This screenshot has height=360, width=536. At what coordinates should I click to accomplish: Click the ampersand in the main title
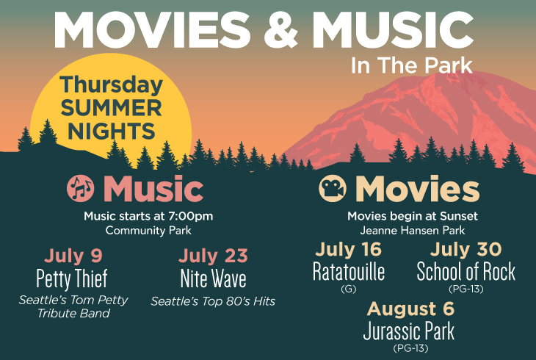pos(280,30)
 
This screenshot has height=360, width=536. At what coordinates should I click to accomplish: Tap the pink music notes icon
pos(81,188)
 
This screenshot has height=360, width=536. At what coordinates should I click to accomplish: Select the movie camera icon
pos(333,188)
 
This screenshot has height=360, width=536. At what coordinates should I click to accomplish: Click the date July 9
pos(73,255)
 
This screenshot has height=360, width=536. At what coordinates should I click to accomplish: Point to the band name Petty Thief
pos(72,278)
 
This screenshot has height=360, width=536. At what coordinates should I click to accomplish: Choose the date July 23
pos(213,255)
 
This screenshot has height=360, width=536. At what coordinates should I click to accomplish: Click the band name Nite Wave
pos(213,278)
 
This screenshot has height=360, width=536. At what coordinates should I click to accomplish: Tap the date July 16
pos(348,249)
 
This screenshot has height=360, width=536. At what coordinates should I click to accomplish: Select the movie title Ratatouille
pos(349,271)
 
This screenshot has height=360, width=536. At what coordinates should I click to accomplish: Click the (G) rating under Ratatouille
pos(349,289)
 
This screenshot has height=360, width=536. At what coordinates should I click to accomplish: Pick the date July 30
pos(466,249)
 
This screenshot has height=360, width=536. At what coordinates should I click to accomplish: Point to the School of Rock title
pos(466,271)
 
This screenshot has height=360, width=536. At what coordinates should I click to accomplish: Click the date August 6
pos(410,309)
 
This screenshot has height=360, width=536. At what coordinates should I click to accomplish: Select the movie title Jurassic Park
pos(409,331)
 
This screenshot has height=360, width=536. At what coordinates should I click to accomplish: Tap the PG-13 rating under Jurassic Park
pos(410,348)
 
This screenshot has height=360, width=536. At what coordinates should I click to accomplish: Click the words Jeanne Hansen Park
pos(413,230)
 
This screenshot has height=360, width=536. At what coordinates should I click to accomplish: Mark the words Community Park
pos(148,230)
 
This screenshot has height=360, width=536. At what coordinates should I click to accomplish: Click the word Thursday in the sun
pos(111,85)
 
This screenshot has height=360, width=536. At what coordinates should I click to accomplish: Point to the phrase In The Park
pos(412,65)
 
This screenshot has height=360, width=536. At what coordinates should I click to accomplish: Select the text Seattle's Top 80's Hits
pos(213,301)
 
